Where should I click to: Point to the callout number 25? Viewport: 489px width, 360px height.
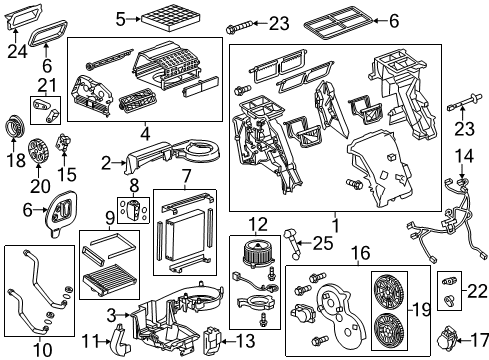323,242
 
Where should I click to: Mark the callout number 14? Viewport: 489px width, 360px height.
462,155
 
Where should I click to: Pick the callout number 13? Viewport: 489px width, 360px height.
246,339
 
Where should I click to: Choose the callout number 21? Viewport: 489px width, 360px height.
44,85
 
